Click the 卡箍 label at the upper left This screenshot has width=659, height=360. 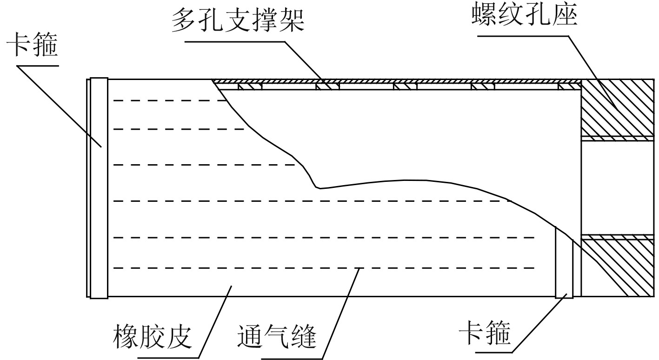click(x=33, y=48)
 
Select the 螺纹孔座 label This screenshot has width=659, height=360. click(x=524, y=16)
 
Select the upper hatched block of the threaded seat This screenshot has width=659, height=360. click(x=617, y=108)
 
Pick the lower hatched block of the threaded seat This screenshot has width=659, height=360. click(x=617, y=267)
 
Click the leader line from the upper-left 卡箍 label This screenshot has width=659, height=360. click(x=60, y=105)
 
